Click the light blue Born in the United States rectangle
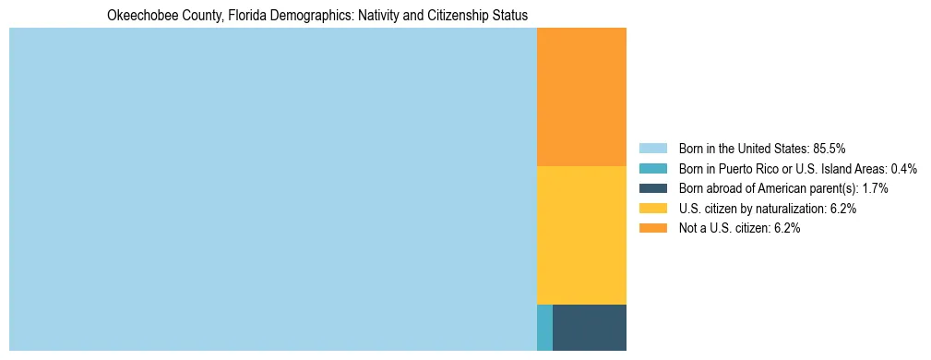(272, 189)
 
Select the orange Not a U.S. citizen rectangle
(581, 97)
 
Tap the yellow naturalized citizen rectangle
(581, 234)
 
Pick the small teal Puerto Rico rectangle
(544, 327)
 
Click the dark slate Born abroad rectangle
(590, 327)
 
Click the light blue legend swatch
(652, 149)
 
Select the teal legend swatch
(652, 169)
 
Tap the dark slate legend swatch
(652, 188)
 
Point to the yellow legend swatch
(652, 209)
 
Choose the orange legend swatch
(652, 228)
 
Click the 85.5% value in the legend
(829, 149)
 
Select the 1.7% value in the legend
(875, 188)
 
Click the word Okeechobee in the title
(138, 16)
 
